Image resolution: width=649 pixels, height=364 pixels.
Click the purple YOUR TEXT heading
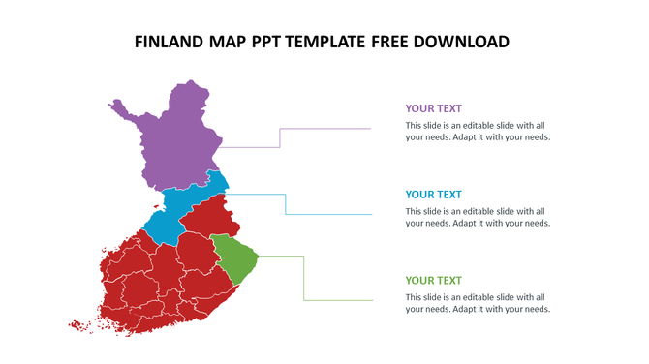click(433, 108)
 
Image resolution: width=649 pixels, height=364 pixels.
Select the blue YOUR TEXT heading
click(433, 194)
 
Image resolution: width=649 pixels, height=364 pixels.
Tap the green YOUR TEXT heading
click(433, 280)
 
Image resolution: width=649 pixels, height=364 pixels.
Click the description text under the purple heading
click(478, 131)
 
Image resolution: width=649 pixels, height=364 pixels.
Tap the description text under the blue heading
click(478, 217)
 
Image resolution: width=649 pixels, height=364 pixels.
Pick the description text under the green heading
click(478, 303)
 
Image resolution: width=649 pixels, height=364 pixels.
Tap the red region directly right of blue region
click(208, 219)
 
